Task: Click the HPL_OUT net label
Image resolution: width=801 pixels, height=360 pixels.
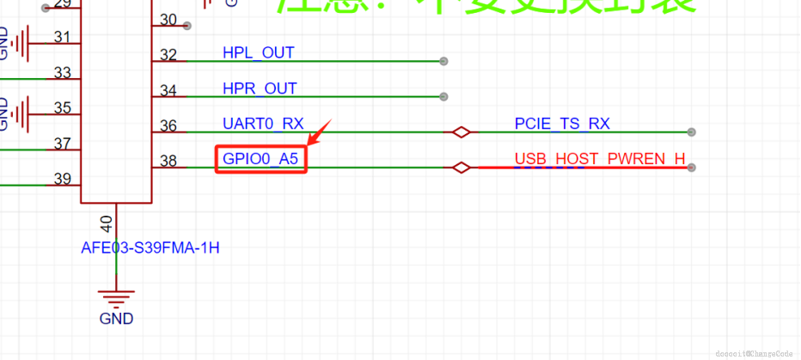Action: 258,53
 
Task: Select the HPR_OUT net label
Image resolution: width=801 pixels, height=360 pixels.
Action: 260,88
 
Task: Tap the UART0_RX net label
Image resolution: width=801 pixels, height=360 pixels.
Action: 263,124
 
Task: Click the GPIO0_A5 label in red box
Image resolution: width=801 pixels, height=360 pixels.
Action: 260,159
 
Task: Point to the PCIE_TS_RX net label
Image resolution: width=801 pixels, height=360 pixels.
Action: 562,124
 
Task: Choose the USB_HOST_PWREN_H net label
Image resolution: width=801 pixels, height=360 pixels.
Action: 600,159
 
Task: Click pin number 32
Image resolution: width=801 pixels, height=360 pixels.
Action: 168,55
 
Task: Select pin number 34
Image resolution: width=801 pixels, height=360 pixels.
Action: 168,90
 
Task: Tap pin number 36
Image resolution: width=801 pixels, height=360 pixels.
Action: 168,125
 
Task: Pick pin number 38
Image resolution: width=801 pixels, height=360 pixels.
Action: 168,161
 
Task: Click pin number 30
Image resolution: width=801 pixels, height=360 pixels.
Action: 168,20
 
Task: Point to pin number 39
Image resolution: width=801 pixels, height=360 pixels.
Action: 62,179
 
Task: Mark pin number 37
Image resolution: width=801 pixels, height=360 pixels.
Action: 62,143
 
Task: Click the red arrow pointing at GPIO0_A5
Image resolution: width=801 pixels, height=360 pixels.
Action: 320,133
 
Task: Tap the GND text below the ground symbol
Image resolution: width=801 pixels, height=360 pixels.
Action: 116,319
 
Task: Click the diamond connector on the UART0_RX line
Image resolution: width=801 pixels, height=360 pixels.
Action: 462,132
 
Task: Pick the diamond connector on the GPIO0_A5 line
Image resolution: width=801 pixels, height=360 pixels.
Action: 462,168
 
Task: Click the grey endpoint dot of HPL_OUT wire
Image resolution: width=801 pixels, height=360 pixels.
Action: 443,62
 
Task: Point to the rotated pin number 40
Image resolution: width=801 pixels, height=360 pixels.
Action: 107,224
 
